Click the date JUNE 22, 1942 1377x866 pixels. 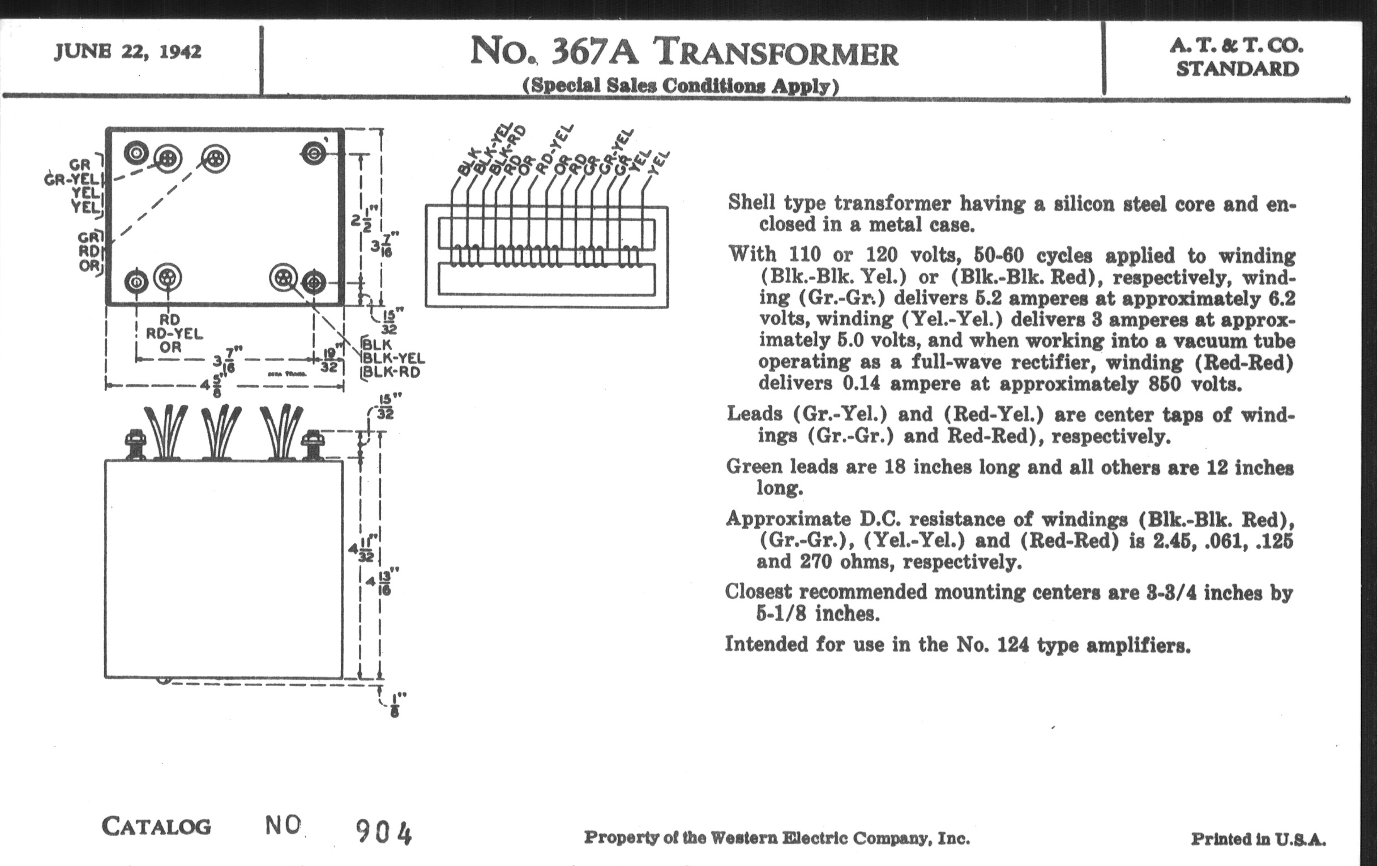pyautogui.click(x=127, y=52)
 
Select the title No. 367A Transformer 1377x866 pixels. pyautogui.click(x=683, y=52)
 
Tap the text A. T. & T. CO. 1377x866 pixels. pyautogui.click(x=1237, y=45)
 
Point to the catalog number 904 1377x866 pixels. pyautogui.click(x=383, y=831)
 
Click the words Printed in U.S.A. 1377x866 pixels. pyautogui.click(x=1258, y=839)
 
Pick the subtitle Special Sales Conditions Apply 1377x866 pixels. pyautogui.click(x=681, y=85)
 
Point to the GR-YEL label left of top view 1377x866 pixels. pyautogui.click(x=71, y=180)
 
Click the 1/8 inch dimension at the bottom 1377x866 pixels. pyautogui.click(x=394, y=704)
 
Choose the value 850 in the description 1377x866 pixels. pyautogui.click(x=1164, y=384)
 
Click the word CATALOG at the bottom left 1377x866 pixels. pyautogui.click(x=156, y=826)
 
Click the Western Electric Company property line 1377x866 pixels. pyautogui.click(x=777, y=839)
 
